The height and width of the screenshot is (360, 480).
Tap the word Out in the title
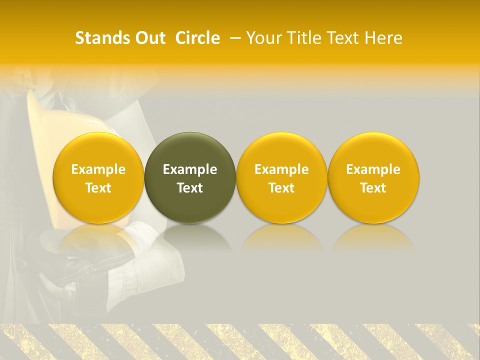[148, 38]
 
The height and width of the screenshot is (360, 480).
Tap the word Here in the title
[384, 38]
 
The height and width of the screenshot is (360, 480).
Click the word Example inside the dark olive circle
[190, 169]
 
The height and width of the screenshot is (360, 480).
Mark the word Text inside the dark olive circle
[190, 188]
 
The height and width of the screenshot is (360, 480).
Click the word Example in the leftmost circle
[98, 169]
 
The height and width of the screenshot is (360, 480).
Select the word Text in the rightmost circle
[373, 188]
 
